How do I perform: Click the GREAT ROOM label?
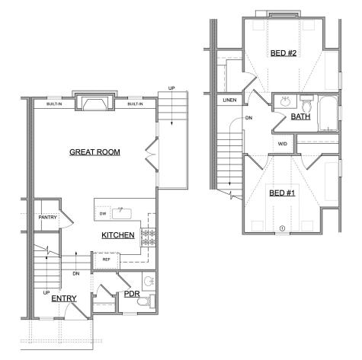95,152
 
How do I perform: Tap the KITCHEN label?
118,235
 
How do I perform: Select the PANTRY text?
47,218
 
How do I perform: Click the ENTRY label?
64,298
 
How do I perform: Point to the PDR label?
132,294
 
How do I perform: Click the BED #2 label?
284,53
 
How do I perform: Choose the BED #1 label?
282,193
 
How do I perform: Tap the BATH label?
301,116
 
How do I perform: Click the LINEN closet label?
229,100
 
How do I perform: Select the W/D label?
283,144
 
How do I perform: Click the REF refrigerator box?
106,261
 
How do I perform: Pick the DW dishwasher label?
103,214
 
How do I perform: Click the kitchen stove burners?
148,237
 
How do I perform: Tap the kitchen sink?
122,213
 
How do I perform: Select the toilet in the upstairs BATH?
307,104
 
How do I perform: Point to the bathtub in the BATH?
328,113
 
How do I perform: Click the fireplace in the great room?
95,102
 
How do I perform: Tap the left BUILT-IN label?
54,104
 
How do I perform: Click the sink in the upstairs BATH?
285,102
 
